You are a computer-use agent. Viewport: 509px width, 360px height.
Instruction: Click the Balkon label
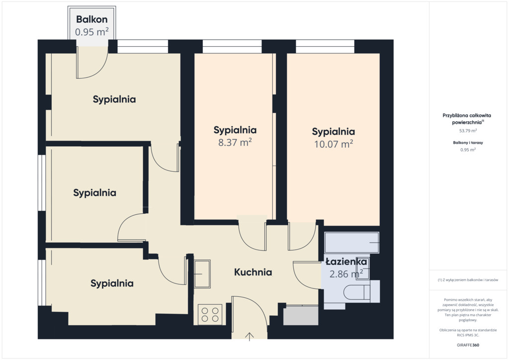[x=92, y=19]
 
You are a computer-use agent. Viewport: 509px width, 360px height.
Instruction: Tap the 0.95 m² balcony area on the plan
[x=92, y=32]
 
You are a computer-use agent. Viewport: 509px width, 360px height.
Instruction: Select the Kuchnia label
[x=253, y=272]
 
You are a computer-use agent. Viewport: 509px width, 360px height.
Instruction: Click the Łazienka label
[x=346, y=262]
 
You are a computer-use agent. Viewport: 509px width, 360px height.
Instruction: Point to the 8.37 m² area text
[x=235, y=142]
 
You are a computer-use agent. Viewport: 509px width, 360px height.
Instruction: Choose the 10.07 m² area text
[x=334, y=144]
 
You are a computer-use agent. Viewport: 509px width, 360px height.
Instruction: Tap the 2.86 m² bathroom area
[x=346, y=274]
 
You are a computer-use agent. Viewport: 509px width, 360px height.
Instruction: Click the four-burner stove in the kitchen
[x=210, y=315]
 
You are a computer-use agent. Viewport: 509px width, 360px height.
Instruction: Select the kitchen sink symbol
[x=202, y=273]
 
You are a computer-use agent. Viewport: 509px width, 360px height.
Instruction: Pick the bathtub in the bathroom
[x=351, y=243]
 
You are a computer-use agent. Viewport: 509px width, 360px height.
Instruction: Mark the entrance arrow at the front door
[x=250, y=337]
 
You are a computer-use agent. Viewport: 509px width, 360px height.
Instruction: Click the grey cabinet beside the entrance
[x=301, y=315]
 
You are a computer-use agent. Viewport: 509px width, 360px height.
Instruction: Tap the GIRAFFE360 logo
[x=468, y=345]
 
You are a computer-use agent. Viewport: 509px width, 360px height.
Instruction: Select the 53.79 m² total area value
[x=468, y=131]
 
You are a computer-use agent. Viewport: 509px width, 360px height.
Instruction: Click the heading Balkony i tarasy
[x=468, y=143]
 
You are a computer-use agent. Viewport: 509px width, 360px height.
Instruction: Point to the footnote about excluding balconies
[x=468, y=280]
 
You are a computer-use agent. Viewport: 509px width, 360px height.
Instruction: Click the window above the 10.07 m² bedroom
[x=325, y=46]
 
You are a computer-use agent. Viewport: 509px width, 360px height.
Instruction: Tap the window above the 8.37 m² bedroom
[x=232, y=46]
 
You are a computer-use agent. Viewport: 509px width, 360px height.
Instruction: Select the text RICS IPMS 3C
[x=468, y=335]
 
